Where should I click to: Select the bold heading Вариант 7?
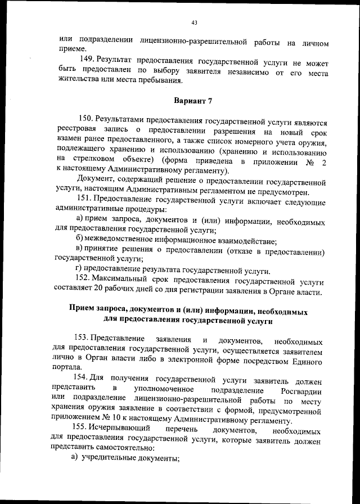[x=193, y=101]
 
